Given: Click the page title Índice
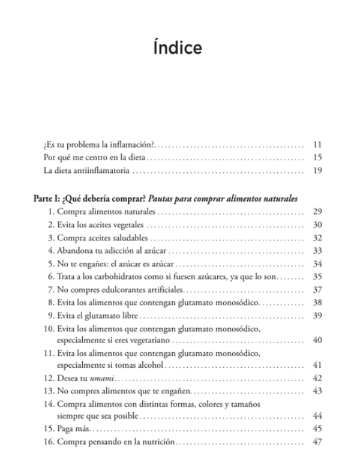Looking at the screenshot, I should [x=180, y=48].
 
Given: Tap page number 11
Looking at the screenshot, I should [x=318, y=145].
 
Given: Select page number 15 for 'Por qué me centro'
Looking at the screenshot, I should [x=318, y=158].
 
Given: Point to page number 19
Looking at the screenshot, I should [x=318, y=171].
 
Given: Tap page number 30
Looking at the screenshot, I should [x=318, y=226].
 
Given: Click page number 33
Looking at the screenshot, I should [x=318, y=252].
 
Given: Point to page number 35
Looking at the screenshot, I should [x=318, y=278].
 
